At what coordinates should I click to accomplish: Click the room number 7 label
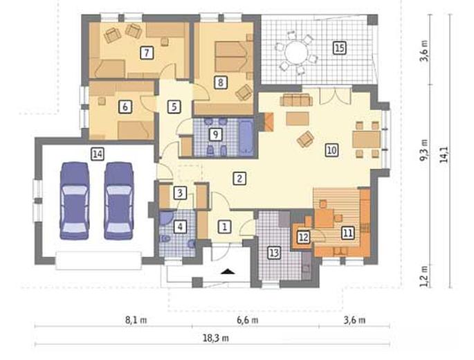click(x=147, y=53)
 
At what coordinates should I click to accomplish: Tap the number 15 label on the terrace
click(x=339, y=48)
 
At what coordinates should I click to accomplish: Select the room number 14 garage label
click(x=98, y=154)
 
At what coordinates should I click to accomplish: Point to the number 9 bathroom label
click(x=215, y=134)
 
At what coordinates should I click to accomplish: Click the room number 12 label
click(x=303, y=237)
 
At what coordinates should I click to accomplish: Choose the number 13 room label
click(x=274, y=253)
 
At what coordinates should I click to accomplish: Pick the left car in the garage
click(x=74, y=201)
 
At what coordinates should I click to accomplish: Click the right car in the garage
click(x=119, y=201)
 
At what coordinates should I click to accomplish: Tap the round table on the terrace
click(x=296, y=52)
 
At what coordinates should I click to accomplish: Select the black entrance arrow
click(x=228, y=271)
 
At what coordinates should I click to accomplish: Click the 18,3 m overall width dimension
click(x=215, y=339)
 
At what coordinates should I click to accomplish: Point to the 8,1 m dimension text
click(x=136, y=320)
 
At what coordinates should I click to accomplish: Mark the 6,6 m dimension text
click(x=247, y=320)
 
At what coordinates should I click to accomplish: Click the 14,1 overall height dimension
click(x=444, y=154)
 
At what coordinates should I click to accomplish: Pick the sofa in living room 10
click(x=296, y=100)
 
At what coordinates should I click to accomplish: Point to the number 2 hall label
click(x=239, y=179)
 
